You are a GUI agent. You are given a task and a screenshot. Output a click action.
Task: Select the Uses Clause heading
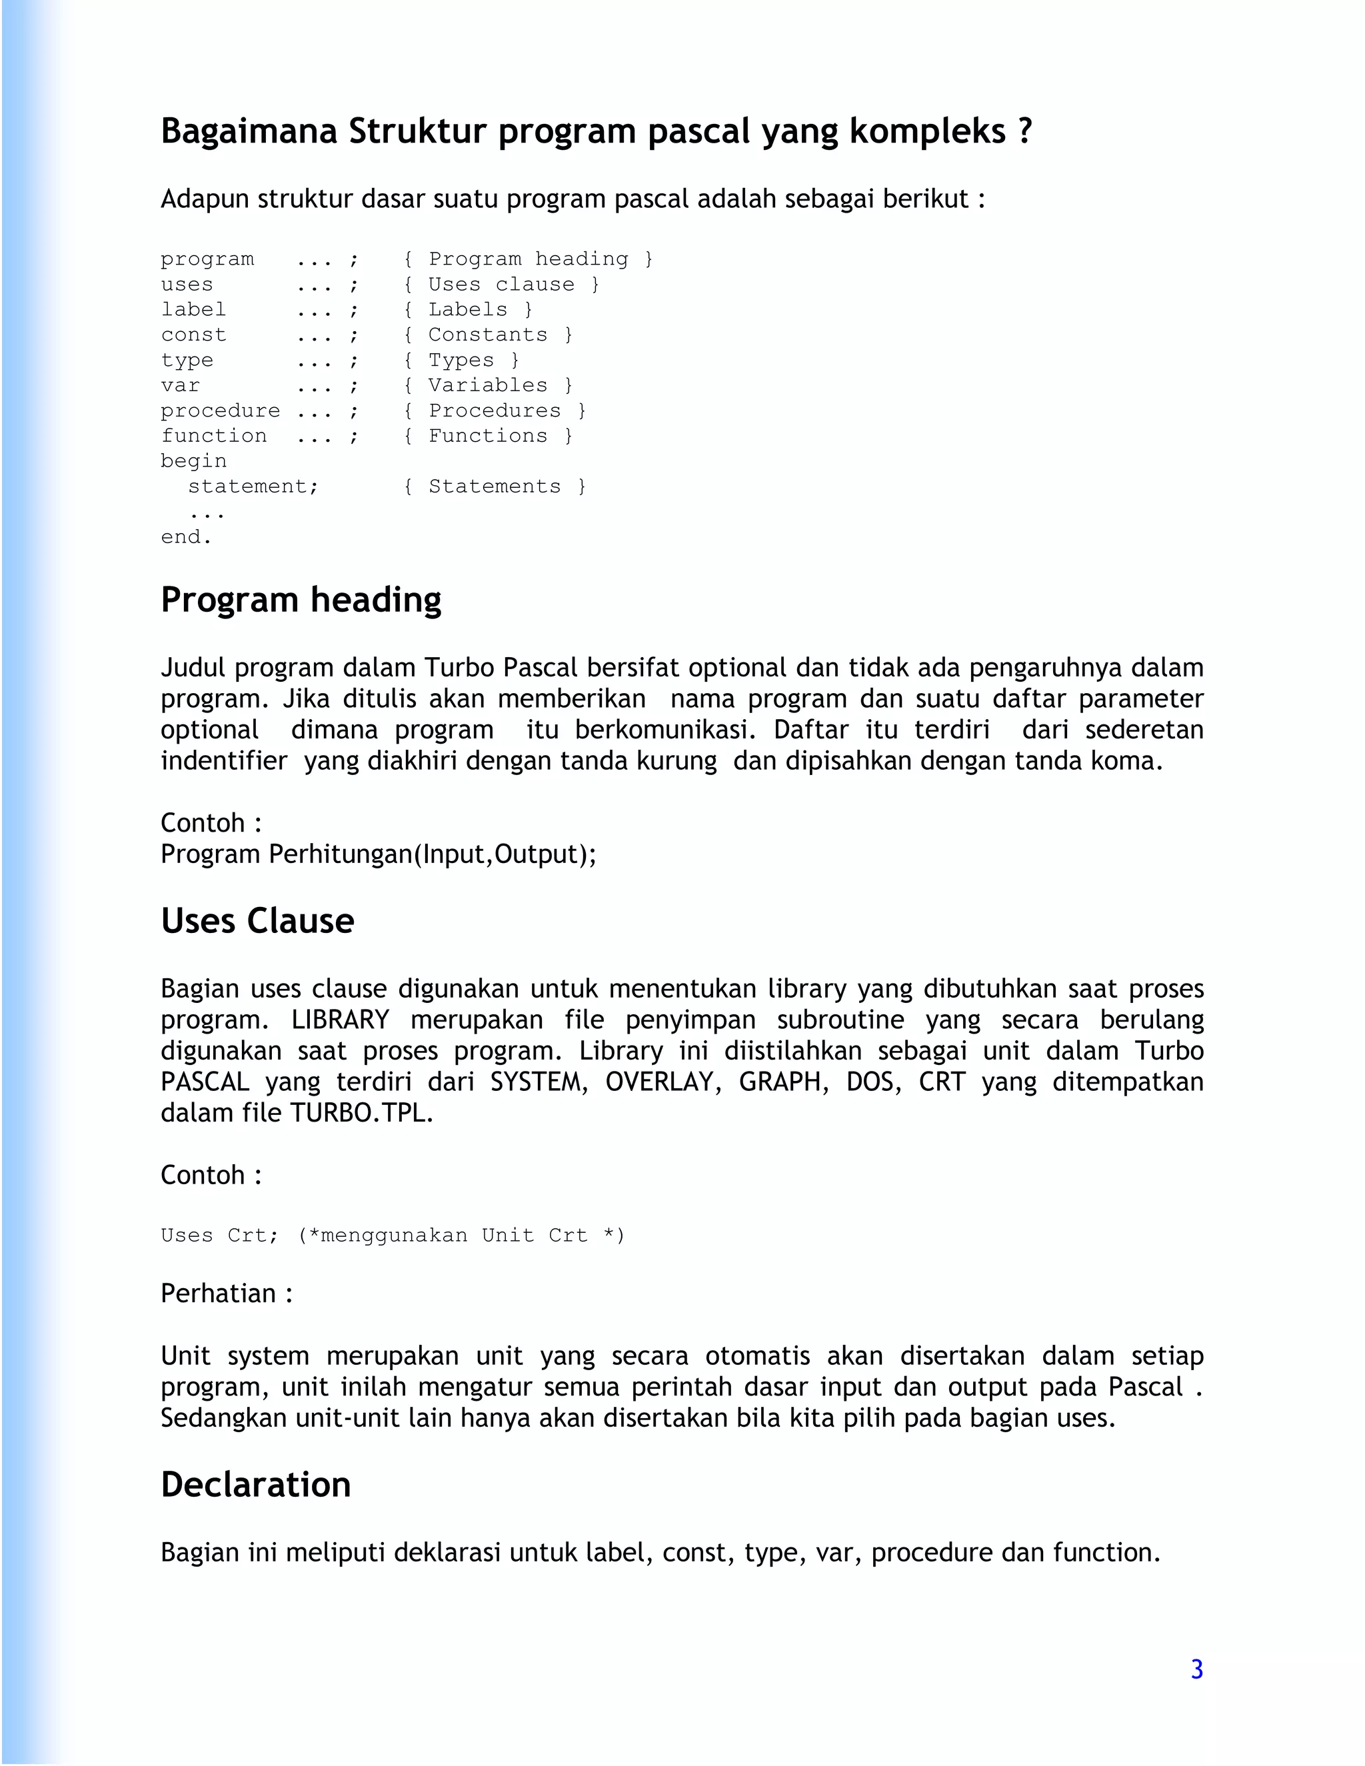(257, 921)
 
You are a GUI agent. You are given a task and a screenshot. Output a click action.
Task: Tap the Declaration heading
(255, 1485)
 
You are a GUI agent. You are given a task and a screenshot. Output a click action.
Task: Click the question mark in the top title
(1024, 131)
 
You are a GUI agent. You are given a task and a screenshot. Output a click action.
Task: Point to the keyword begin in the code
(193, 461)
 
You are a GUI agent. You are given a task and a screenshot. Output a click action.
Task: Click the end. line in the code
(186, 537)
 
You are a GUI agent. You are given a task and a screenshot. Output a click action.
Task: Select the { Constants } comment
(488, 335)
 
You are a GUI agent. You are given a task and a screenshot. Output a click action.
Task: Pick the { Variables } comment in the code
(488, 385)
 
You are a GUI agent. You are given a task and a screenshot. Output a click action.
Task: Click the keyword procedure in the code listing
(220, 411)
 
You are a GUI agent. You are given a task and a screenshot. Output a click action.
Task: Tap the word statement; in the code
(253, 486)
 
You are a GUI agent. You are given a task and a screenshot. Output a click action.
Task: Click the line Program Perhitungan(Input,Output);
(379, 854)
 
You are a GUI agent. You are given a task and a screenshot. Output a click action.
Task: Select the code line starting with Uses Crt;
(392, 1236)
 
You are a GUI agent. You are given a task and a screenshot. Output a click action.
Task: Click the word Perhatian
(219, 1294)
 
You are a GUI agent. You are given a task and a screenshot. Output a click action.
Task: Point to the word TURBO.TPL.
(361, 1114)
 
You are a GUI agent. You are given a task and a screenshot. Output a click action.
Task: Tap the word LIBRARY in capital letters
(341, 1020)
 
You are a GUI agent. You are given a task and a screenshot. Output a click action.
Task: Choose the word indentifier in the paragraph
(224, 761)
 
